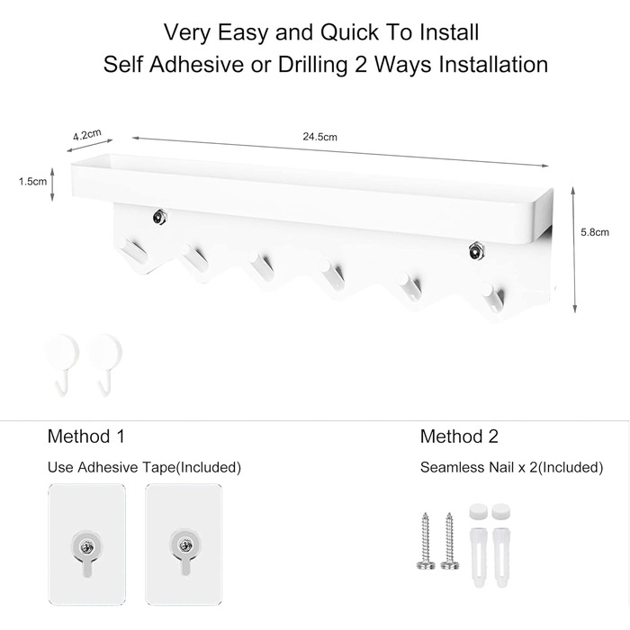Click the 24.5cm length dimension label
click(x=319, y=137)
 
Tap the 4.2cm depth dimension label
click(x=86, y=135)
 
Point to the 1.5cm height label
click(x=32, y=182)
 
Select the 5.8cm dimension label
click(x=595, y=232)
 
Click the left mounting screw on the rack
click(x=159, y=218)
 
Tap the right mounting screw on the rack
click(x=476, y=251)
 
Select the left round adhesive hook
click(x=63, y=364)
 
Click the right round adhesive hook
click(x=105, y=364)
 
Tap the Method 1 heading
click(x=86, y=436)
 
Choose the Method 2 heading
click(x=459, y=436)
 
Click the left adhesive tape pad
click(x=86, y=544)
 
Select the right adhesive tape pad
click(x=184, y=544)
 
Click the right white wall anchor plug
click(x=500, y=558)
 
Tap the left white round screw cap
click(x=478, y=512)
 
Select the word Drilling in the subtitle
click(x=312, y=65)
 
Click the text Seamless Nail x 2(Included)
click(x=511, y=467)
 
